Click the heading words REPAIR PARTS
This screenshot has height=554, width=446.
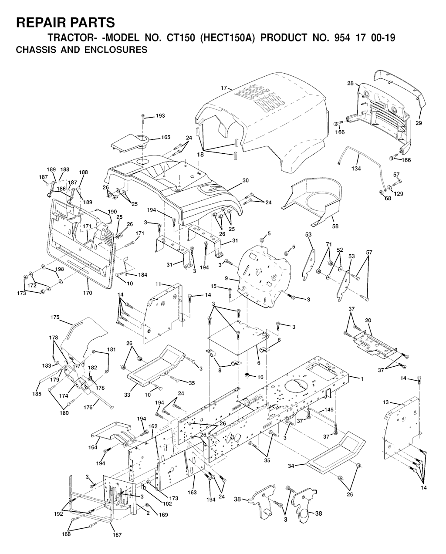point(65,22)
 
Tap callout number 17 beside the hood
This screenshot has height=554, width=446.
point(224,88)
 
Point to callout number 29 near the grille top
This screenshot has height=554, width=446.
point(419,123)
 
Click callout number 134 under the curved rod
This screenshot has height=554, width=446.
point(356,169)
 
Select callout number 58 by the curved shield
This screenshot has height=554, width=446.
point(335,226)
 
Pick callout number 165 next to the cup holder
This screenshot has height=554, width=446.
point(166,137)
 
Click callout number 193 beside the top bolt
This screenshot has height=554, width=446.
point(160,116)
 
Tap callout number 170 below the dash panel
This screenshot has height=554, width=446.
point(88,293)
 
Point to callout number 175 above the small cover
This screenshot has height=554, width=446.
point(54,318)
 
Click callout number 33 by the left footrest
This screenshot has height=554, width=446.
point(127,395)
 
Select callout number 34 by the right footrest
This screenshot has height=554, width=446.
point(291,466)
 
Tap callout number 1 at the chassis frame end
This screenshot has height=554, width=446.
point(362,378)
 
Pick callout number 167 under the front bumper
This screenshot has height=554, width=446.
point(117,535)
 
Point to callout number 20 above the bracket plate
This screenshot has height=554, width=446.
point(368,321)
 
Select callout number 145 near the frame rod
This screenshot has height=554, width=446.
point(329,410)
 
